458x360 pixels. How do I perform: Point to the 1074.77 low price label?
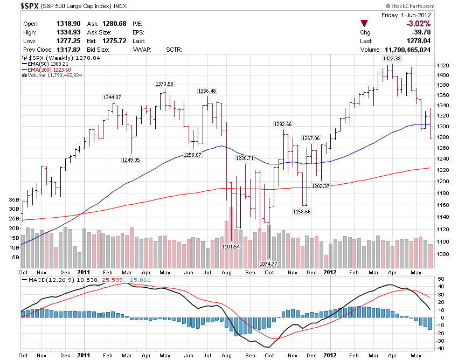pos(268,264)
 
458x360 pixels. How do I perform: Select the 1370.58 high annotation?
pos(164,84)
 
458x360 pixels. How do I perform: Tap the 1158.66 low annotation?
pos(301,211)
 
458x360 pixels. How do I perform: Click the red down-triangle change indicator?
pos(365,23)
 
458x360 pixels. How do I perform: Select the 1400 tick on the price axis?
pos(443,75)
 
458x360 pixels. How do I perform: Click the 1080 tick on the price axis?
pos(443,254)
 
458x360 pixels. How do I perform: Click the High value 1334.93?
pos(68,32)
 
